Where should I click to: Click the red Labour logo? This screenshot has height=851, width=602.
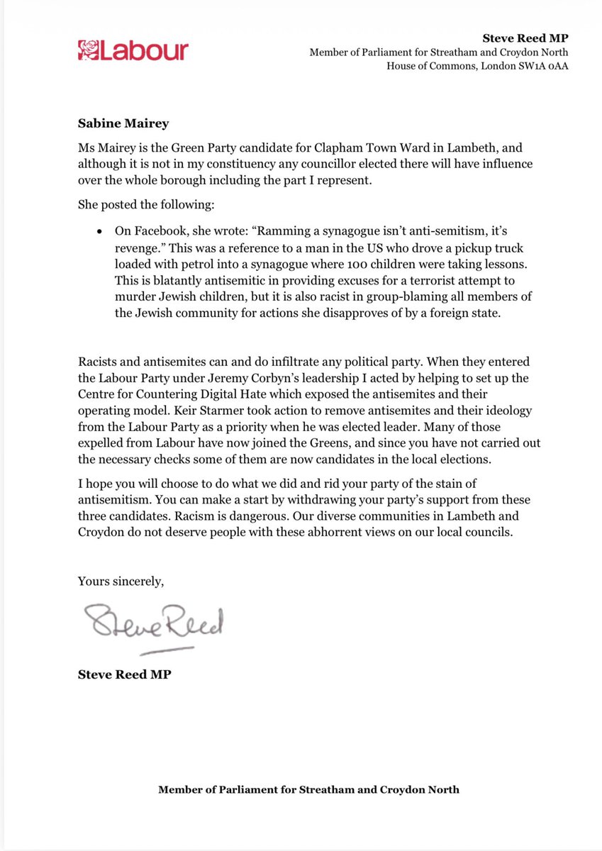tap(133, 50)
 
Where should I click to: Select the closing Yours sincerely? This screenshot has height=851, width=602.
tap(121, 582)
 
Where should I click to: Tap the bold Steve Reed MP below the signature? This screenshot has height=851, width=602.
tap(124, 674)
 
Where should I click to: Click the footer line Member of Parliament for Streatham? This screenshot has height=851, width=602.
tap(308, 789)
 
